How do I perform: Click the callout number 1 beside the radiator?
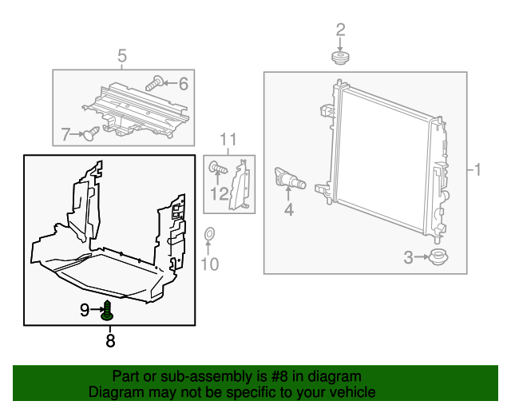tap(478, 170)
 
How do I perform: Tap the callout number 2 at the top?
tap(340, 30)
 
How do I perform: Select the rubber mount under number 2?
tap(341, 58)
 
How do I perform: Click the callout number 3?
tap(408, 257)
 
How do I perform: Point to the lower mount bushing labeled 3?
tap(436, 257)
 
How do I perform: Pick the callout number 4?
tap(288, 211)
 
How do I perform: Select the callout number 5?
tap(122, 55)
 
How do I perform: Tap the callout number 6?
tap(183, 82)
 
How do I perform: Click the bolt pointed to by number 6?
tap(156, 81)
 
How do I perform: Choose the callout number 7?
tap(66, 133)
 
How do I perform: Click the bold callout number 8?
tap(110, 341)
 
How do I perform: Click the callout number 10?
tap(208, 264)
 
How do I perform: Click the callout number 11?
tap(229, 141)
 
